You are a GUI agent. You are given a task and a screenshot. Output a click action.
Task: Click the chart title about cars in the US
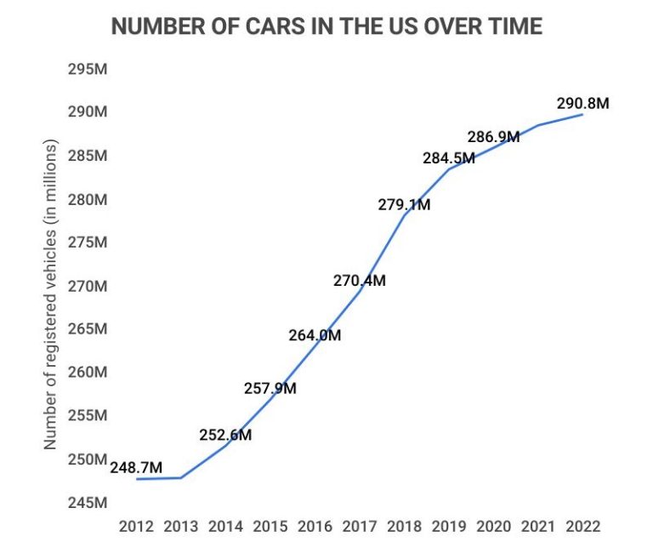[x=326, y=26]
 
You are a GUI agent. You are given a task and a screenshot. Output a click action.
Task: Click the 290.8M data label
[x=582, y=104]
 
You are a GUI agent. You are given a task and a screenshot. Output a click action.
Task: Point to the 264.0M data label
[x=315, y=335]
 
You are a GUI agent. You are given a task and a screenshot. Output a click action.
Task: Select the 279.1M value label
[x=404, y=204]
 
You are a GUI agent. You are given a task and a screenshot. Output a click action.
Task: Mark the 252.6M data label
[x=225, y=435]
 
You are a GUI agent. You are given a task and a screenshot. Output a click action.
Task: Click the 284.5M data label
[x=449, y=158]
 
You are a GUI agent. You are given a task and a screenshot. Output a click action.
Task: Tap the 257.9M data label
[x=270, y=389]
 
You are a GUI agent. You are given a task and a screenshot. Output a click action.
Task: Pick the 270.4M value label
[x=359, y=280]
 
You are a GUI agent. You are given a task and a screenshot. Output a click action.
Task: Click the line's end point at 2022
[x=582, y=114]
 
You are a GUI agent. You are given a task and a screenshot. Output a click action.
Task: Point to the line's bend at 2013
[x=181, y=477]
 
